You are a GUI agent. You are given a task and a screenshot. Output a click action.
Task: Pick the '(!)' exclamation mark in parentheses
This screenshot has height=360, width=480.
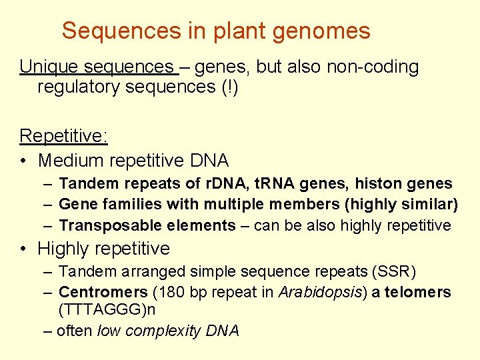click(x=229, y=87)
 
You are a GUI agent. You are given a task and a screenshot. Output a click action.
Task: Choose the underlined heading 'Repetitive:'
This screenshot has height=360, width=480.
click(x=64, y=136)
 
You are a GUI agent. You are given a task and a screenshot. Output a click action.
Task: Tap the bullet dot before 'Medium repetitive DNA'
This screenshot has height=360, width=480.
click(x=24, y=161)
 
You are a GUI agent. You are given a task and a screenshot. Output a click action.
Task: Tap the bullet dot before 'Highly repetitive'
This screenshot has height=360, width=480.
click(x=24, y=249)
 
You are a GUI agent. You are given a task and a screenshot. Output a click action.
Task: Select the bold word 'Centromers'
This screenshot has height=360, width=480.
click(x=103, y=292)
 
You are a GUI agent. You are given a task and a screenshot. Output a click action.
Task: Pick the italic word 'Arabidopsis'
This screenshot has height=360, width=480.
click(x=312, y=292)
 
